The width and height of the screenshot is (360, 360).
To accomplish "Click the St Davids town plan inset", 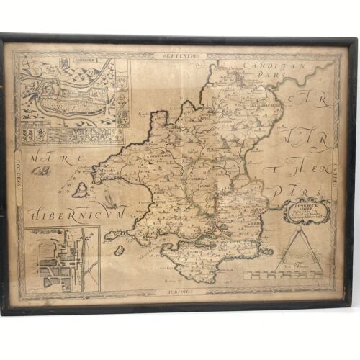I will coord(62,259).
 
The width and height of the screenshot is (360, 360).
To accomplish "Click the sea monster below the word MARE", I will coord(40,171).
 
